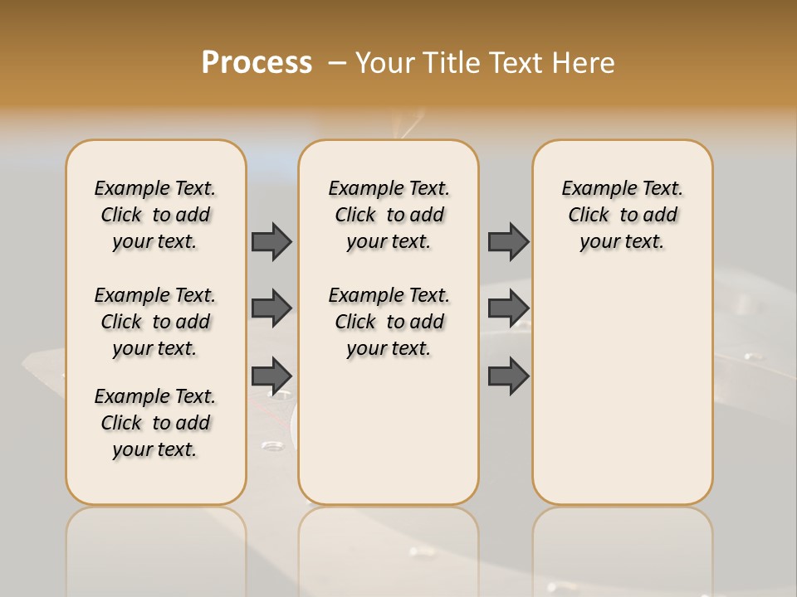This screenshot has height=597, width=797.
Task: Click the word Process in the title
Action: tap(257, 63)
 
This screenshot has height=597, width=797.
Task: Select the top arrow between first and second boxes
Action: tap(271, 241)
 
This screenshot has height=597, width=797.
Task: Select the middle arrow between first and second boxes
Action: tap(271, 308)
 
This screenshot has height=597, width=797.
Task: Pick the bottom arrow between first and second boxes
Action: tap(271, 376)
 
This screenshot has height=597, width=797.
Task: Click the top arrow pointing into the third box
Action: tap(508, 241)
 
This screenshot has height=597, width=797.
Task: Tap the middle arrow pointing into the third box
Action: tap(508, 308)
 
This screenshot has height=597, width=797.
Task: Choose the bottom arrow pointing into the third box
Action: tap(508, 376)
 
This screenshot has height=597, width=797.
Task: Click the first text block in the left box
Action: tap(155, 215)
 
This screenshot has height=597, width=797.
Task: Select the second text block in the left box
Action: tap(155, 322)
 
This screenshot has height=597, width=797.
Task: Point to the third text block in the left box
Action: tap(155, 423)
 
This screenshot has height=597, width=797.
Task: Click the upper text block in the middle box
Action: tap(389, 215)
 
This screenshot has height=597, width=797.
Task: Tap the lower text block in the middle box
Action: tap(389, 322)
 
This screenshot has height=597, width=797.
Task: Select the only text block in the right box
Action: tap(622, 215)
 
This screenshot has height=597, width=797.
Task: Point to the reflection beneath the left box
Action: tap(155, 547)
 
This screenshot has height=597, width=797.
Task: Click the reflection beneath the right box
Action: tap(622, 547)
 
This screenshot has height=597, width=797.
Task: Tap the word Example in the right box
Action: tap(592, 188)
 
